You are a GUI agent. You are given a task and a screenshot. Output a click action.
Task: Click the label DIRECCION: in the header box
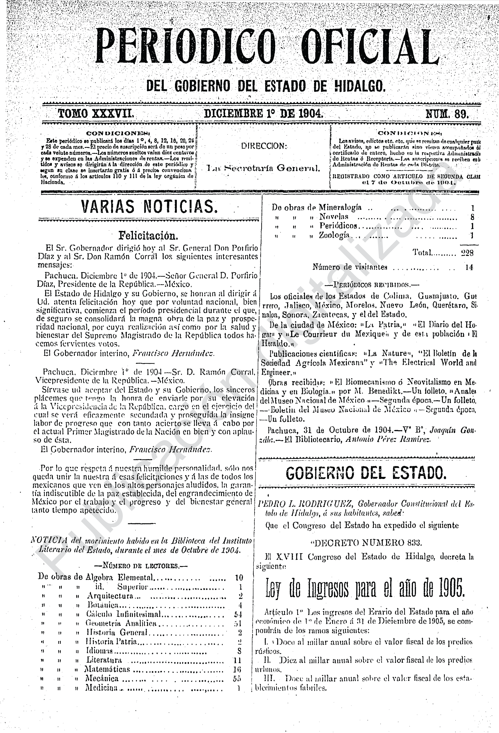click(264, 146)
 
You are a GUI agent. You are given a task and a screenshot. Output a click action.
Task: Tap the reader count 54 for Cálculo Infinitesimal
click(238, 614)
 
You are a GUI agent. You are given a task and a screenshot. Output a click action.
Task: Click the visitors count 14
click(469, 267)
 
